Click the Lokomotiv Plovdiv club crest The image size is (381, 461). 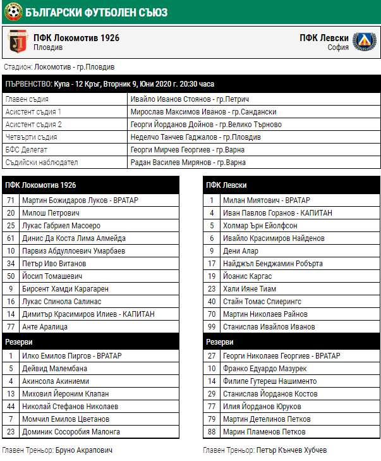(17, 42)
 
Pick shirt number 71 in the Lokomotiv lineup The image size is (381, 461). (11, 200)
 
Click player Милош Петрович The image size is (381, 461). (51, 213)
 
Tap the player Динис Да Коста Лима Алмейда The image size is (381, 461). (74, 238)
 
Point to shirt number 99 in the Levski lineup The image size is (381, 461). (212, 327)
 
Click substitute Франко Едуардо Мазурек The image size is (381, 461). (265, 369)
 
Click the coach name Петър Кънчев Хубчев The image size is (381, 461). (292, 451)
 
